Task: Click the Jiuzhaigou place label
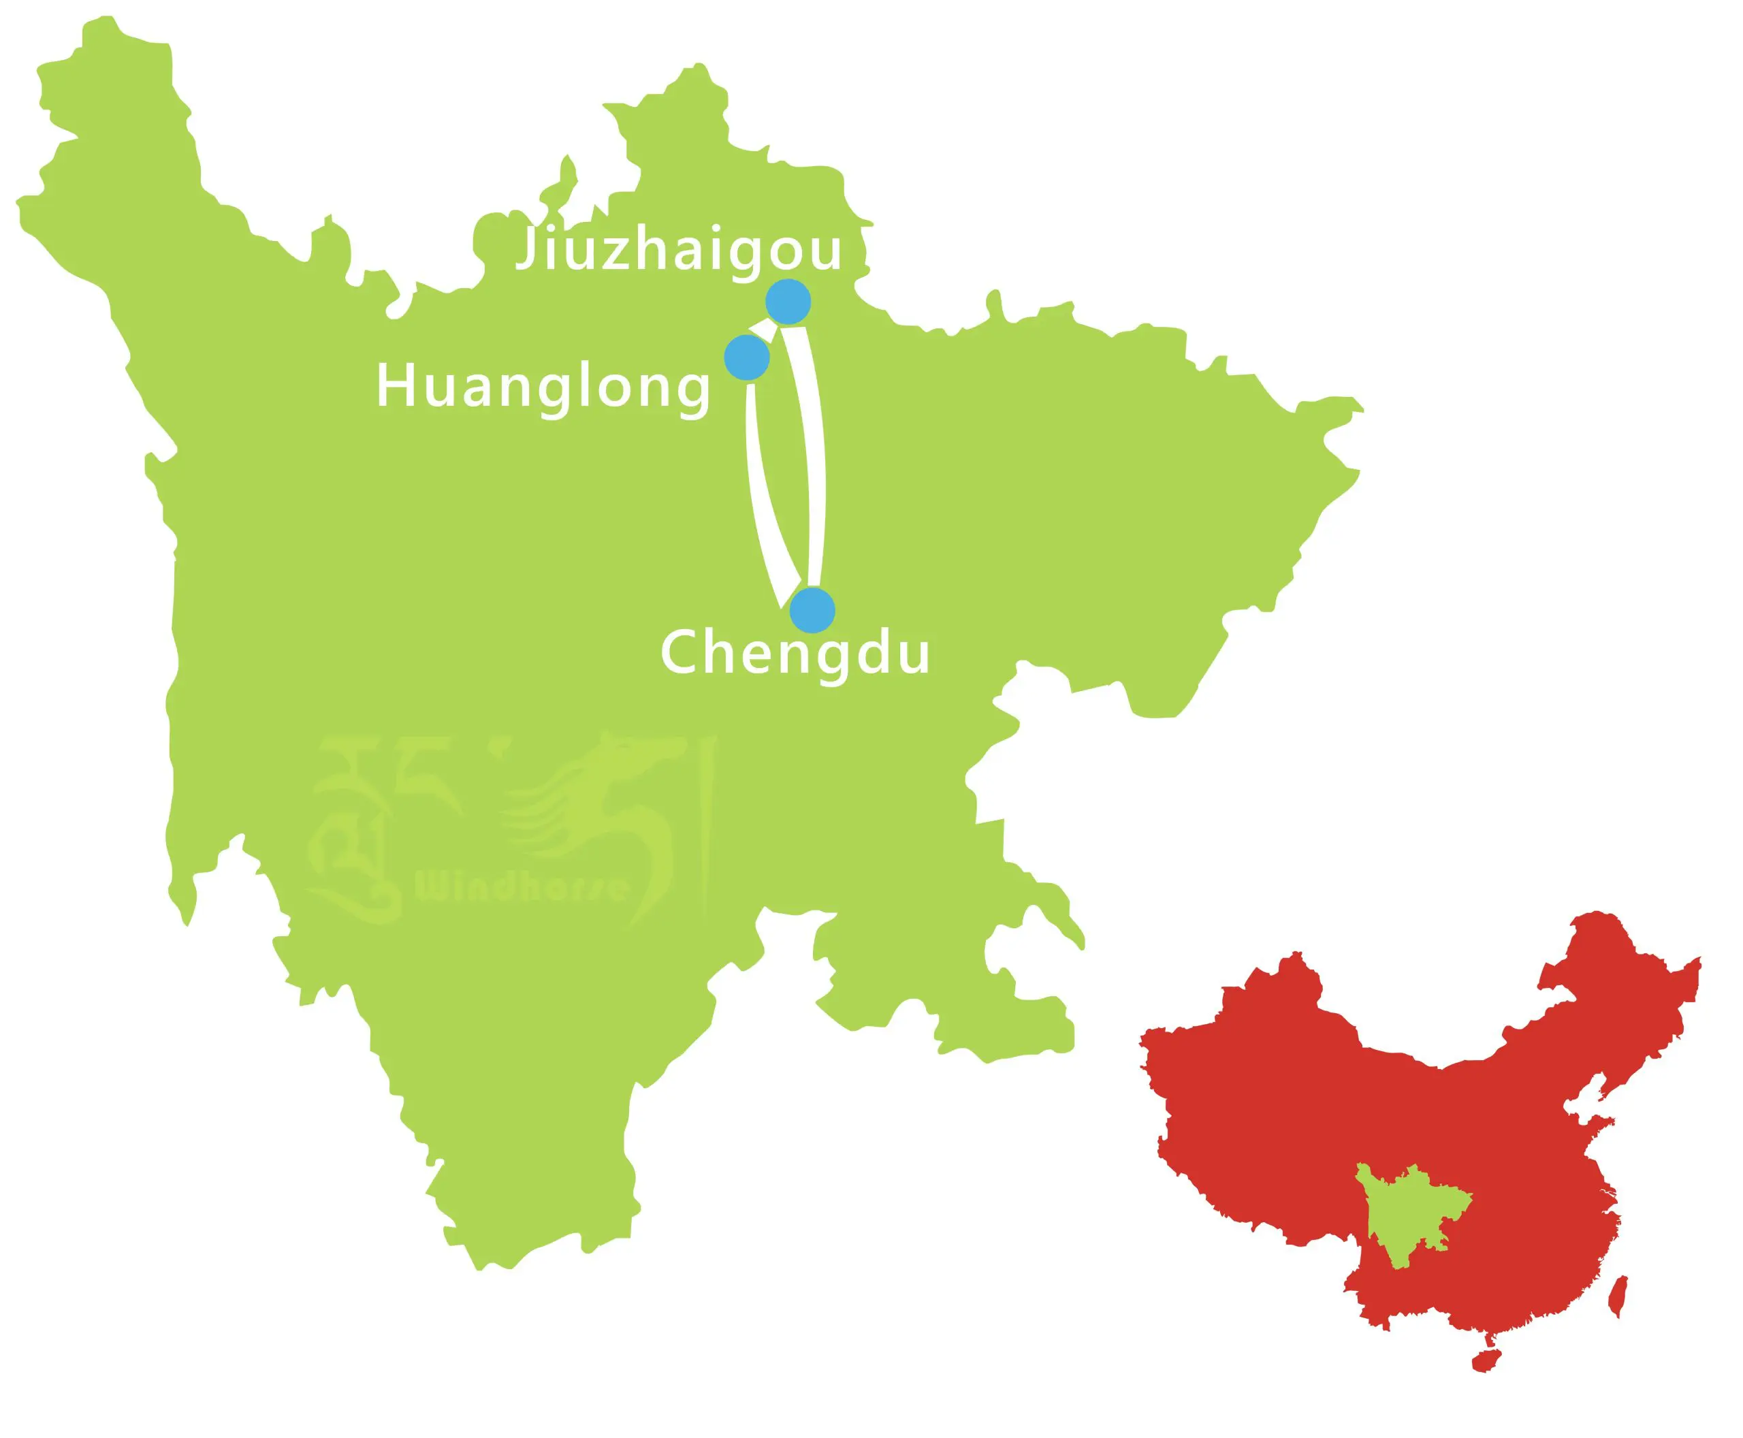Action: coord(679,249)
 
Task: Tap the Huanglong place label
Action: coord(543,387)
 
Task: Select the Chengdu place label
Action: coord(795,653)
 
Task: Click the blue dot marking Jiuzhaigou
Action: coord(788,303)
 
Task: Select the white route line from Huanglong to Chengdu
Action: coord(762,497)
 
